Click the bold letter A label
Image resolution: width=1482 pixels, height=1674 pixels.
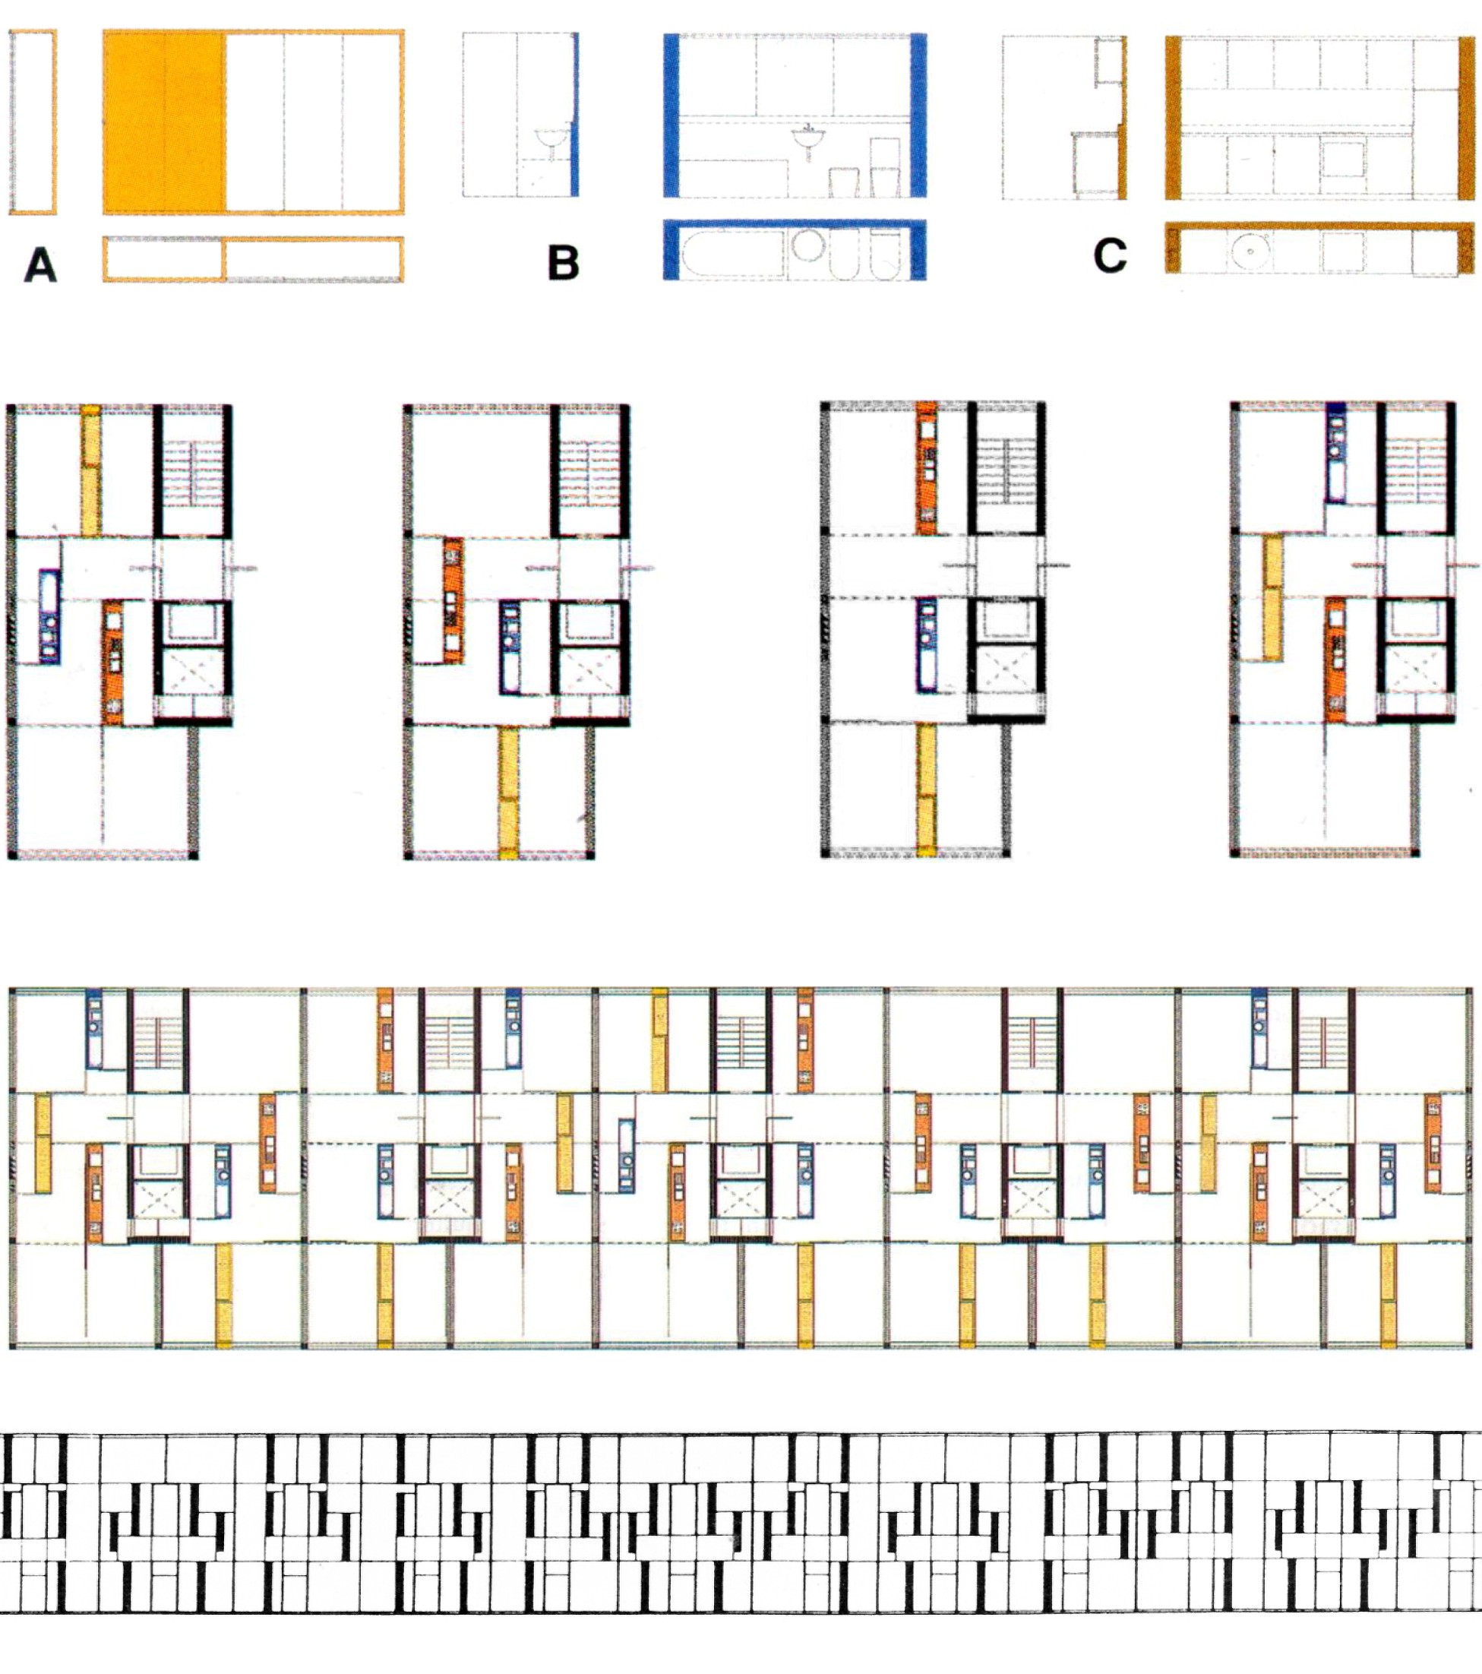coord(40,265)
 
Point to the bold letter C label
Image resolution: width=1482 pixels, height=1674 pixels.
coord(1110,255)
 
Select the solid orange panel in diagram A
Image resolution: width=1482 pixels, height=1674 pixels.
coord(165,123)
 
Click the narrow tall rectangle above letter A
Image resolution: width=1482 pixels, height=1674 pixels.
coord(33,122)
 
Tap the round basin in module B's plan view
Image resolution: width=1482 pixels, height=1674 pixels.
coord(808,245)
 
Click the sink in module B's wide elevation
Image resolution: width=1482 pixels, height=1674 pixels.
coord(809,144)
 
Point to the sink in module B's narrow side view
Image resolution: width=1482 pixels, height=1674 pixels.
coord(552,143)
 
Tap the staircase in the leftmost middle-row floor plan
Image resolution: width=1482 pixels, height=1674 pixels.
coord(191,473)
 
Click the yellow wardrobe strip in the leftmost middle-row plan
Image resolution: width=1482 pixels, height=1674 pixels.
coord(91,471)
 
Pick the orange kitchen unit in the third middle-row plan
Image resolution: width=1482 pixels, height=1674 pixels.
coord(927,467)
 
